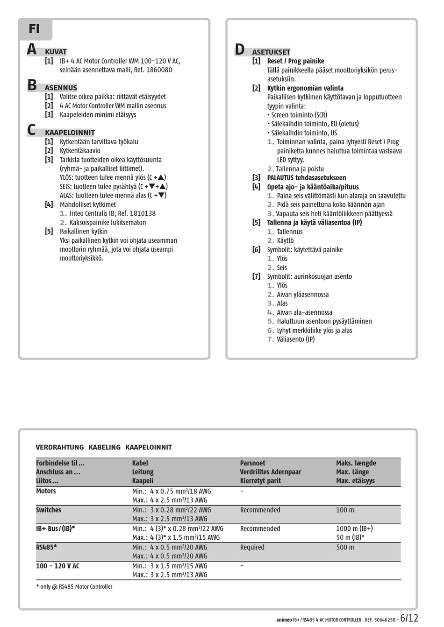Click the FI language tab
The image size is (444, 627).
tap(35, 29)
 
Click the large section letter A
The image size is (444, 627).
tap(32, 49)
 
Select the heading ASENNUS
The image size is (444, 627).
tap(61, 88)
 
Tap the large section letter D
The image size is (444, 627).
tap(240, 49)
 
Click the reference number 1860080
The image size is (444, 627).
tap(159, 70)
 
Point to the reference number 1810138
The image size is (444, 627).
tap(143, 213)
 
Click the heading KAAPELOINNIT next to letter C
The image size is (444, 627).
tap(70, 133)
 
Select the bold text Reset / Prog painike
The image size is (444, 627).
tap(295, 61)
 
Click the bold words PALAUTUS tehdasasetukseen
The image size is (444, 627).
tap(307, 178)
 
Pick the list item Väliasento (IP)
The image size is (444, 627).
tap(296, 339)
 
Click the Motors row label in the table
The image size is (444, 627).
tap(46, 491)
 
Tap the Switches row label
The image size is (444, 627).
tap(49, 510)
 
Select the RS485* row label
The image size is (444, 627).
tap(46, 547)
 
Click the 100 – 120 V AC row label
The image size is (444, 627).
tap(57, 566)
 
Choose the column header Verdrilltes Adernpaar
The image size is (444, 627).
tap(271, 472)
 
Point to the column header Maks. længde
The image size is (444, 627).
tap(356, 463)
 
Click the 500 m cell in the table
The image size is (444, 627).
tap(345, 547)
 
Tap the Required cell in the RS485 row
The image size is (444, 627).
tap(252, 547)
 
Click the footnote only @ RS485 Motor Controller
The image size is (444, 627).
tap(74, 586)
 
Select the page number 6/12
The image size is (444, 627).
tap(409, 618)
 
